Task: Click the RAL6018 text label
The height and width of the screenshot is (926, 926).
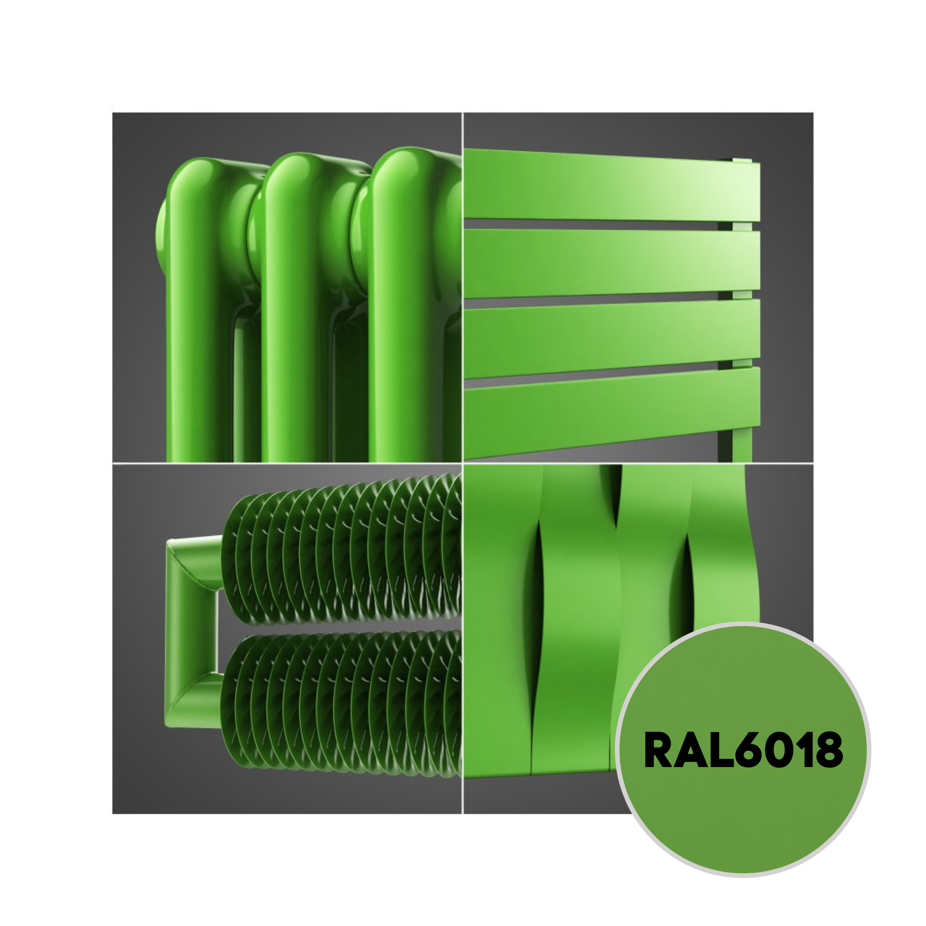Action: pos(743,750)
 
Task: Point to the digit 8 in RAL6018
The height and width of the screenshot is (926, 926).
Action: pos(828,750)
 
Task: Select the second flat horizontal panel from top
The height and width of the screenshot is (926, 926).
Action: pos(612,263)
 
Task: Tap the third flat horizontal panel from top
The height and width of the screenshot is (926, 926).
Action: pos(612,338)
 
